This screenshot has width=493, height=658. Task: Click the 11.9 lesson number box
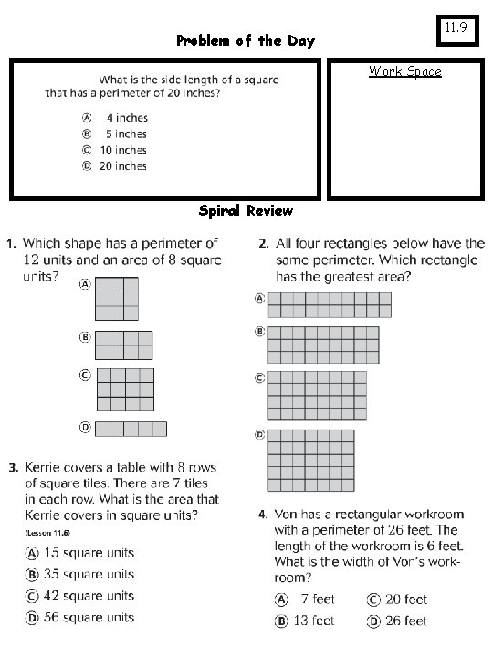tap(457, 28)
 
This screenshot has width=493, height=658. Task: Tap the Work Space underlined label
tap(404, 71)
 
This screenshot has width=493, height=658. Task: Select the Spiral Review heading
tap(246, 211)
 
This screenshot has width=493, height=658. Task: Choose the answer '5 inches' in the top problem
tap(125, 133)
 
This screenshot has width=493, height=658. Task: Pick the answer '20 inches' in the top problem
tap(123, 166)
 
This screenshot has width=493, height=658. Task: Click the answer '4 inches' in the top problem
tap(125, 117)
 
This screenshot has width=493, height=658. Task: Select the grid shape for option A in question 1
tap(118, 300)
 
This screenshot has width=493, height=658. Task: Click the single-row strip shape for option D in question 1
tap(131, 429)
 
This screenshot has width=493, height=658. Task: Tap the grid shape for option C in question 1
tap(124, 389)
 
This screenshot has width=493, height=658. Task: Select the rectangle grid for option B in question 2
tap(321, 345)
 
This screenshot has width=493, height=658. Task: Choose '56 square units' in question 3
tap(89, 618)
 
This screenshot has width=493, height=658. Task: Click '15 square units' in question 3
tap(89, 553)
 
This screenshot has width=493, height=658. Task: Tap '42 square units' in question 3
tap(89, 596)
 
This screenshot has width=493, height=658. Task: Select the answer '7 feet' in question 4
tap(315, 600)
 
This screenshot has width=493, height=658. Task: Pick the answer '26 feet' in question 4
tap(405, 621)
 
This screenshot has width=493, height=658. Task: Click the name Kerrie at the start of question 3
tap(46, 468)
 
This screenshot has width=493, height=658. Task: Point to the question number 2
tap(263, 244)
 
